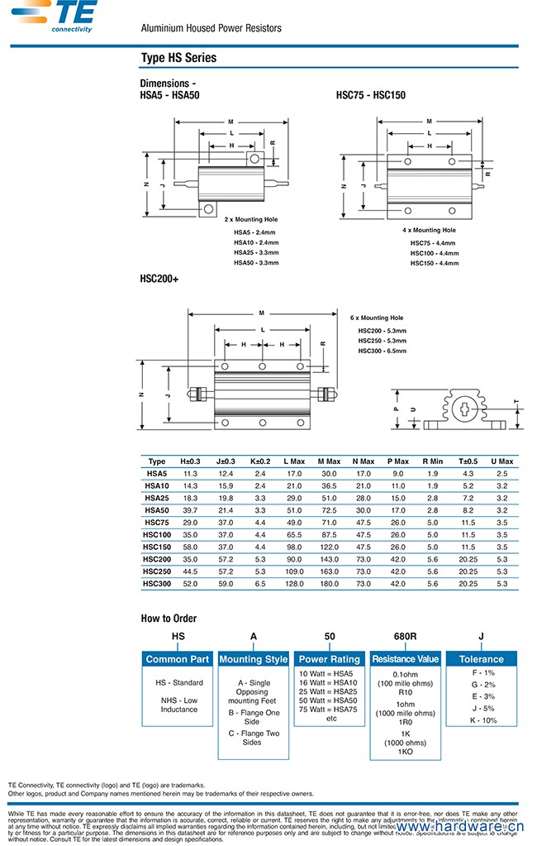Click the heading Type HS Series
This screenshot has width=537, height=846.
tap(178, 58)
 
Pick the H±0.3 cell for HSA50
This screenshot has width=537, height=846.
tap(189, 510)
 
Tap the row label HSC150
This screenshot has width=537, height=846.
tap(156, 547)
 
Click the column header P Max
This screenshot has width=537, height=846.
tap(398, 461)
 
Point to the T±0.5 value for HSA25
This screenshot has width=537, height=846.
tap(468, 498)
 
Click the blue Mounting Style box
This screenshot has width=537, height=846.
tap(254, 659)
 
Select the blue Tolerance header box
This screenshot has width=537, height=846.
tap(481, 659)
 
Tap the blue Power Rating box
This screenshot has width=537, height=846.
tap(329, 659)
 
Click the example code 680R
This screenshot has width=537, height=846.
tap(405, 636)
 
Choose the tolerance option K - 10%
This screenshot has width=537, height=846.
tap(483, 720)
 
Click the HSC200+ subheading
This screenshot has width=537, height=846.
tap(159, 280)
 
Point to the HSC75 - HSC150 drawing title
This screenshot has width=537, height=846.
tap(371, 95)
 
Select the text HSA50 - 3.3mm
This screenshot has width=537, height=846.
tap(256, 263)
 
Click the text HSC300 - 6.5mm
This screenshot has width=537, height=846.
tap(382, 351)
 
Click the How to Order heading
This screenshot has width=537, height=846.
tap(169, 619)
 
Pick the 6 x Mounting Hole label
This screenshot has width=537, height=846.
tap(377, 318)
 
